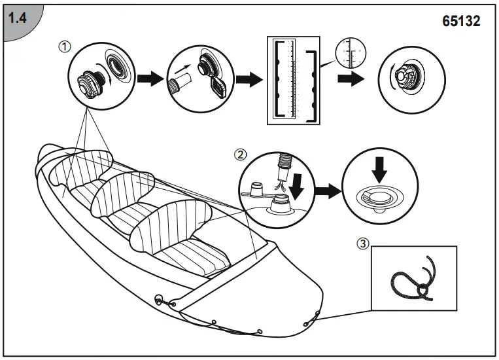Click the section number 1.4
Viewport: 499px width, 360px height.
[17, 19]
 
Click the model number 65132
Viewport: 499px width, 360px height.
[461, 21]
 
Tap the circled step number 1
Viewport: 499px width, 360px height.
[64, 46]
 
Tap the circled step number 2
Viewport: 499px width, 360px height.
[241, 155]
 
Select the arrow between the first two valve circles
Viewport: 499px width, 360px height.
[152, 79]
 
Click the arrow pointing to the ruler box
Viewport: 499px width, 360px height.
[247, 80]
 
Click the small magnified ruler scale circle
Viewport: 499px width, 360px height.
[351, 52]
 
